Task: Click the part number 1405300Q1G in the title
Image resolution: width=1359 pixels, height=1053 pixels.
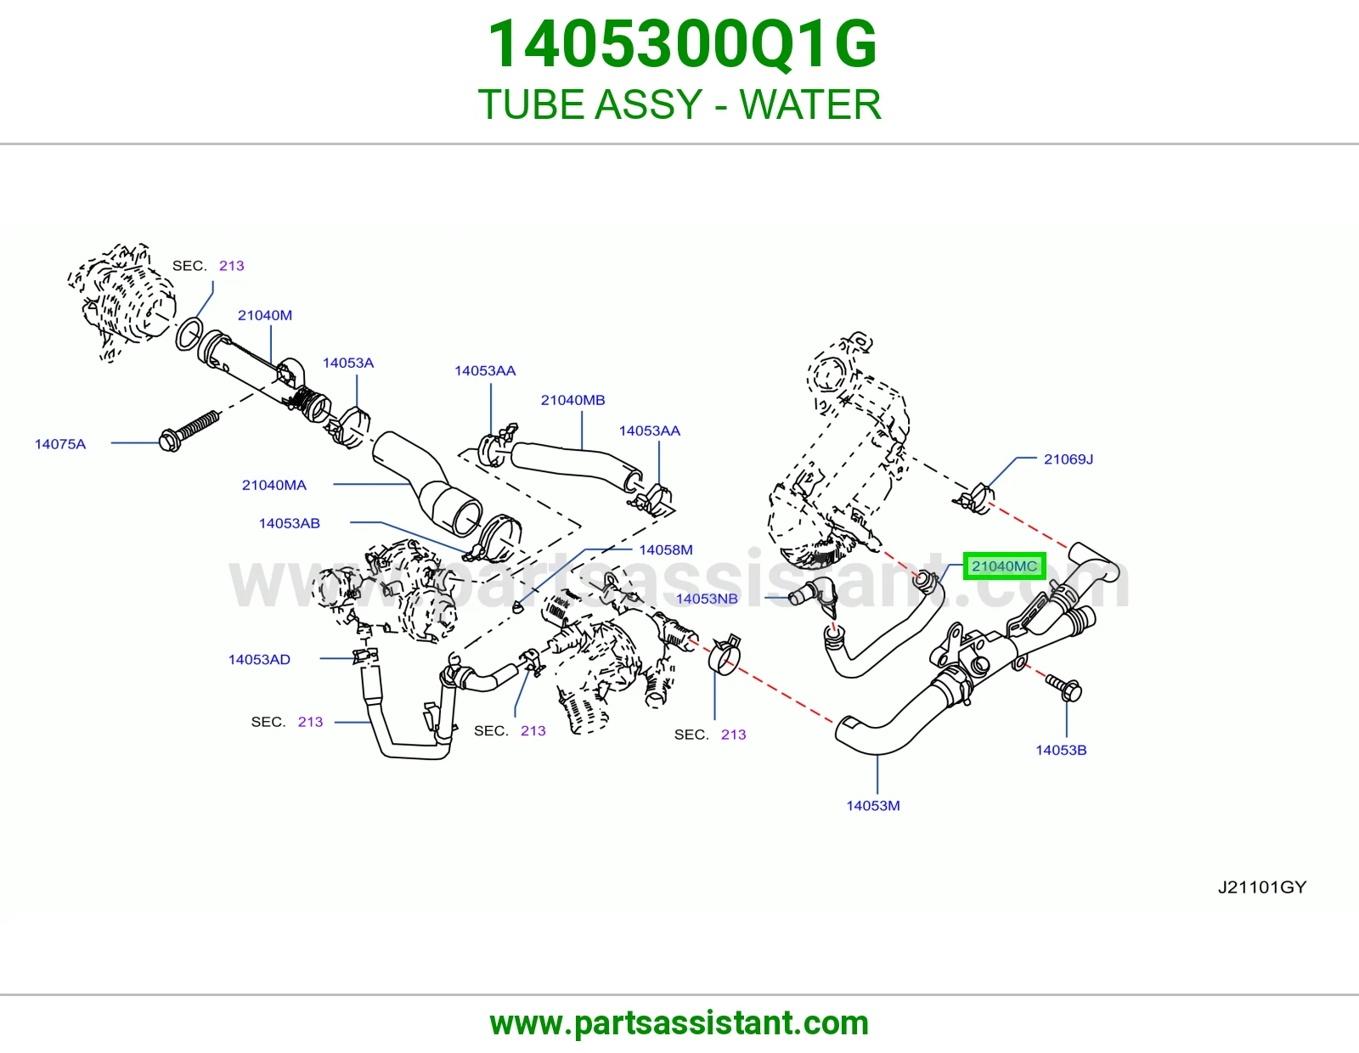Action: [682, 44]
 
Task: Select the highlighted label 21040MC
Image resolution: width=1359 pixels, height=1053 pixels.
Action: [1004, 566]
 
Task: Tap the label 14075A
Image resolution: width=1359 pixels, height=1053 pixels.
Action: [60, 444]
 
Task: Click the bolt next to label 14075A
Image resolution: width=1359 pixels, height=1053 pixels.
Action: [189, 431]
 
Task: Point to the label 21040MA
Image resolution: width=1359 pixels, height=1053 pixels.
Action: [274, 485]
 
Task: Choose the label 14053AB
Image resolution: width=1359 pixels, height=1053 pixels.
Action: [290, 523]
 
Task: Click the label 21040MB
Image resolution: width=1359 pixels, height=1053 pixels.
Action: [572, 400]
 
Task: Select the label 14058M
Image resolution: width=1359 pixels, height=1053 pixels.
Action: [665, 549]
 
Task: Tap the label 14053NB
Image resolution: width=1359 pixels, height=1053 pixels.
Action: [707, 599]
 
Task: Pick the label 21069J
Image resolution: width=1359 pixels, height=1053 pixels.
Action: [1069, 459]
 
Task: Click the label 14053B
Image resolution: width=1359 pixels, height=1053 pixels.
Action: [1061, 750]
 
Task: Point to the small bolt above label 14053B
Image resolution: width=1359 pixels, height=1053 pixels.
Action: [1064, 688]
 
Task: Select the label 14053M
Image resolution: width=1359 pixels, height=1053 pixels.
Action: [873, 805]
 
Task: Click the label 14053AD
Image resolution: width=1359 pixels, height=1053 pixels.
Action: [259, 659]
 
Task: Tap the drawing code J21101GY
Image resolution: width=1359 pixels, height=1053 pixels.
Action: [1262, 887]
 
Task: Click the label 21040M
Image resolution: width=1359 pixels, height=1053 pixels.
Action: [264, 315]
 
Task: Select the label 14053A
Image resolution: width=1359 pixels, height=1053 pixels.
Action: [347, 363]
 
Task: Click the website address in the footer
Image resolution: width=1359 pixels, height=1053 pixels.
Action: [679, 1023]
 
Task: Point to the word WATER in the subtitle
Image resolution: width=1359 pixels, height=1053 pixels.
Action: [810, 104]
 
